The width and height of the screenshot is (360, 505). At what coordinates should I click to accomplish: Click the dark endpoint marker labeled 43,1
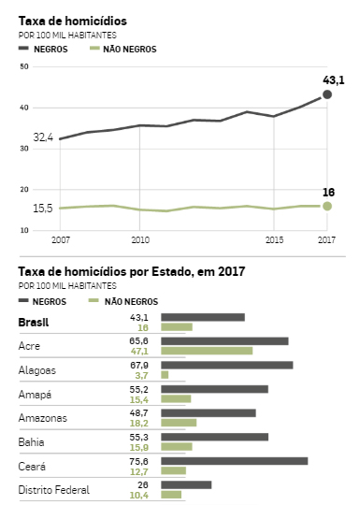tap(327, 94)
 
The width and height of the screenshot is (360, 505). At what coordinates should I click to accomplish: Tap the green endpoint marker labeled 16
tap(327, 206)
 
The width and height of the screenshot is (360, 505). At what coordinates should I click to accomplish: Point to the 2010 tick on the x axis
tap(140, 240)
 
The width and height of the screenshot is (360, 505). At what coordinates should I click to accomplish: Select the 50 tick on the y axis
tap(24, 66)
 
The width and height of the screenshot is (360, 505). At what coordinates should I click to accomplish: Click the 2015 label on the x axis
tap(274, 240)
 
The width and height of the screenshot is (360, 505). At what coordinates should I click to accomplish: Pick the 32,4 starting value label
tap(43, 137)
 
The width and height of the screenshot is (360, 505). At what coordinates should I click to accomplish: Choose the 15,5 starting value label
tap(43, 209)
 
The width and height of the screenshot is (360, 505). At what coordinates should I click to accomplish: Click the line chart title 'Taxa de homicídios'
tap(72, 21)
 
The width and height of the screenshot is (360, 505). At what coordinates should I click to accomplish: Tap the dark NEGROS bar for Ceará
tap(235, 461)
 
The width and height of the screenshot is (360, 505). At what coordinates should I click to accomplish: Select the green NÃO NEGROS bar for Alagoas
tap(165, 375)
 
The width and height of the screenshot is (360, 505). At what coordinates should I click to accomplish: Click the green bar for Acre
tap(207, 351)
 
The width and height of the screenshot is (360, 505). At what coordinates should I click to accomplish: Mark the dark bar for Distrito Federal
tap(186, 484)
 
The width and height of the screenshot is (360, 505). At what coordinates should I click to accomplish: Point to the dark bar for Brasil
tap(203, 317)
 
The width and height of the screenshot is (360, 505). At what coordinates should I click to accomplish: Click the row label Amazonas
tap(43, 418)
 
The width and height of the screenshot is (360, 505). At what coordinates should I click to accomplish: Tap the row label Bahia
tap(31, 441)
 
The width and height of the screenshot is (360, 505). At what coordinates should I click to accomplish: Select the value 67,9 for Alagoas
tap(139, 366)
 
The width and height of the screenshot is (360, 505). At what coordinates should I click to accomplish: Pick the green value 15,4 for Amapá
tap(139, 399)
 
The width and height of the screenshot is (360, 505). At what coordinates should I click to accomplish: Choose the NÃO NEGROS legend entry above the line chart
tap(122, 49)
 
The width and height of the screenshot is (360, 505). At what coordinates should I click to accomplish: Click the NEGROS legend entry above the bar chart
tap(42, 301)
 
